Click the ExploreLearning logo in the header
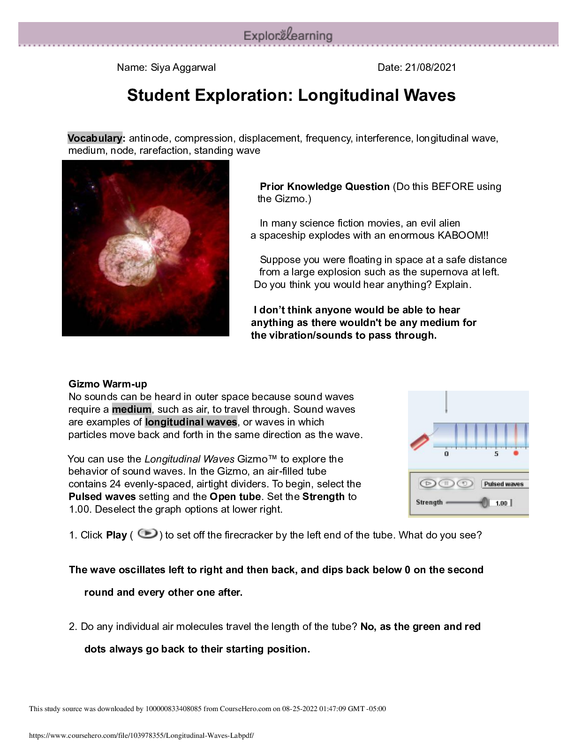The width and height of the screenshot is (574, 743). (x=288, y=35)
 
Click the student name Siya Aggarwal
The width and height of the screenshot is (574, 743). (x=183, y=67)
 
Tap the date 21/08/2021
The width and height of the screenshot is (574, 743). (x=430, y=67)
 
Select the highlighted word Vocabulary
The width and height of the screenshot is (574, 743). (x=95, y=138)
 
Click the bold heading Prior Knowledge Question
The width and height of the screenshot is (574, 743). (x=325, y=186)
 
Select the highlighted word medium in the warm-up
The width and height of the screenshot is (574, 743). (x=131, y=409)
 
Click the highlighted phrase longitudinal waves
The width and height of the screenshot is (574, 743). (x=191, y=422)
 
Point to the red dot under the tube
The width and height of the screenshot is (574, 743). (x=516, y=454)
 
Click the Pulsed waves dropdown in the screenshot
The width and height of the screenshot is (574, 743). (x=505, y=484)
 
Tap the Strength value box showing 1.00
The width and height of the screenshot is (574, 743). (x=501, y=503)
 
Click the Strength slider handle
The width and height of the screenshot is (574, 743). (x=484, y=503)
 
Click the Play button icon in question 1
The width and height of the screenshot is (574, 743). (x=148, y=534)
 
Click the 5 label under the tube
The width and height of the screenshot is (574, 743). (x=496, y=454)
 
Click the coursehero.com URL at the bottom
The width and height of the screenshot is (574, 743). (x=141, y=735)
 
